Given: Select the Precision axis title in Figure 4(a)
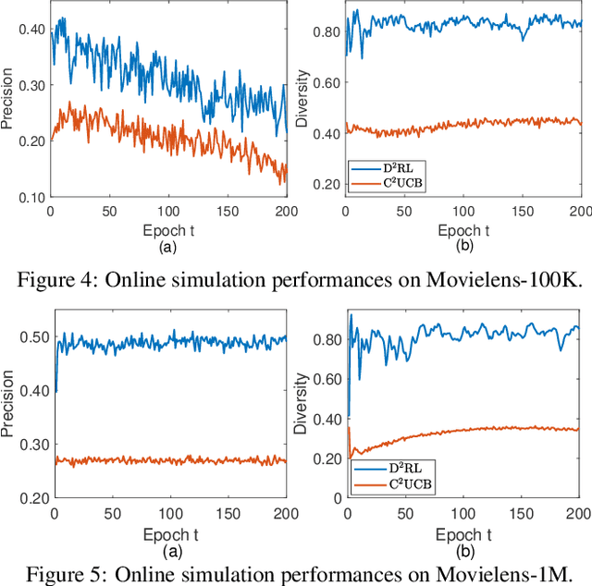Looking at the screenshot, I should tap(9, 104).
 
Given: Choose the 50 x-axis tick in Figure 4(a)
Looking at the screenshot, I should tap(109, 211).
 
